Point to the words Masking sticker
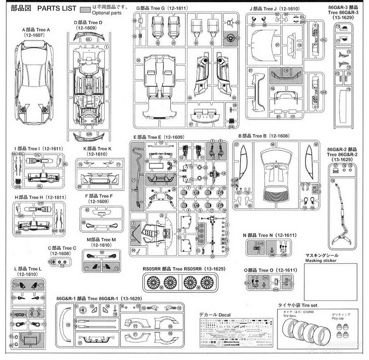321,260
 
